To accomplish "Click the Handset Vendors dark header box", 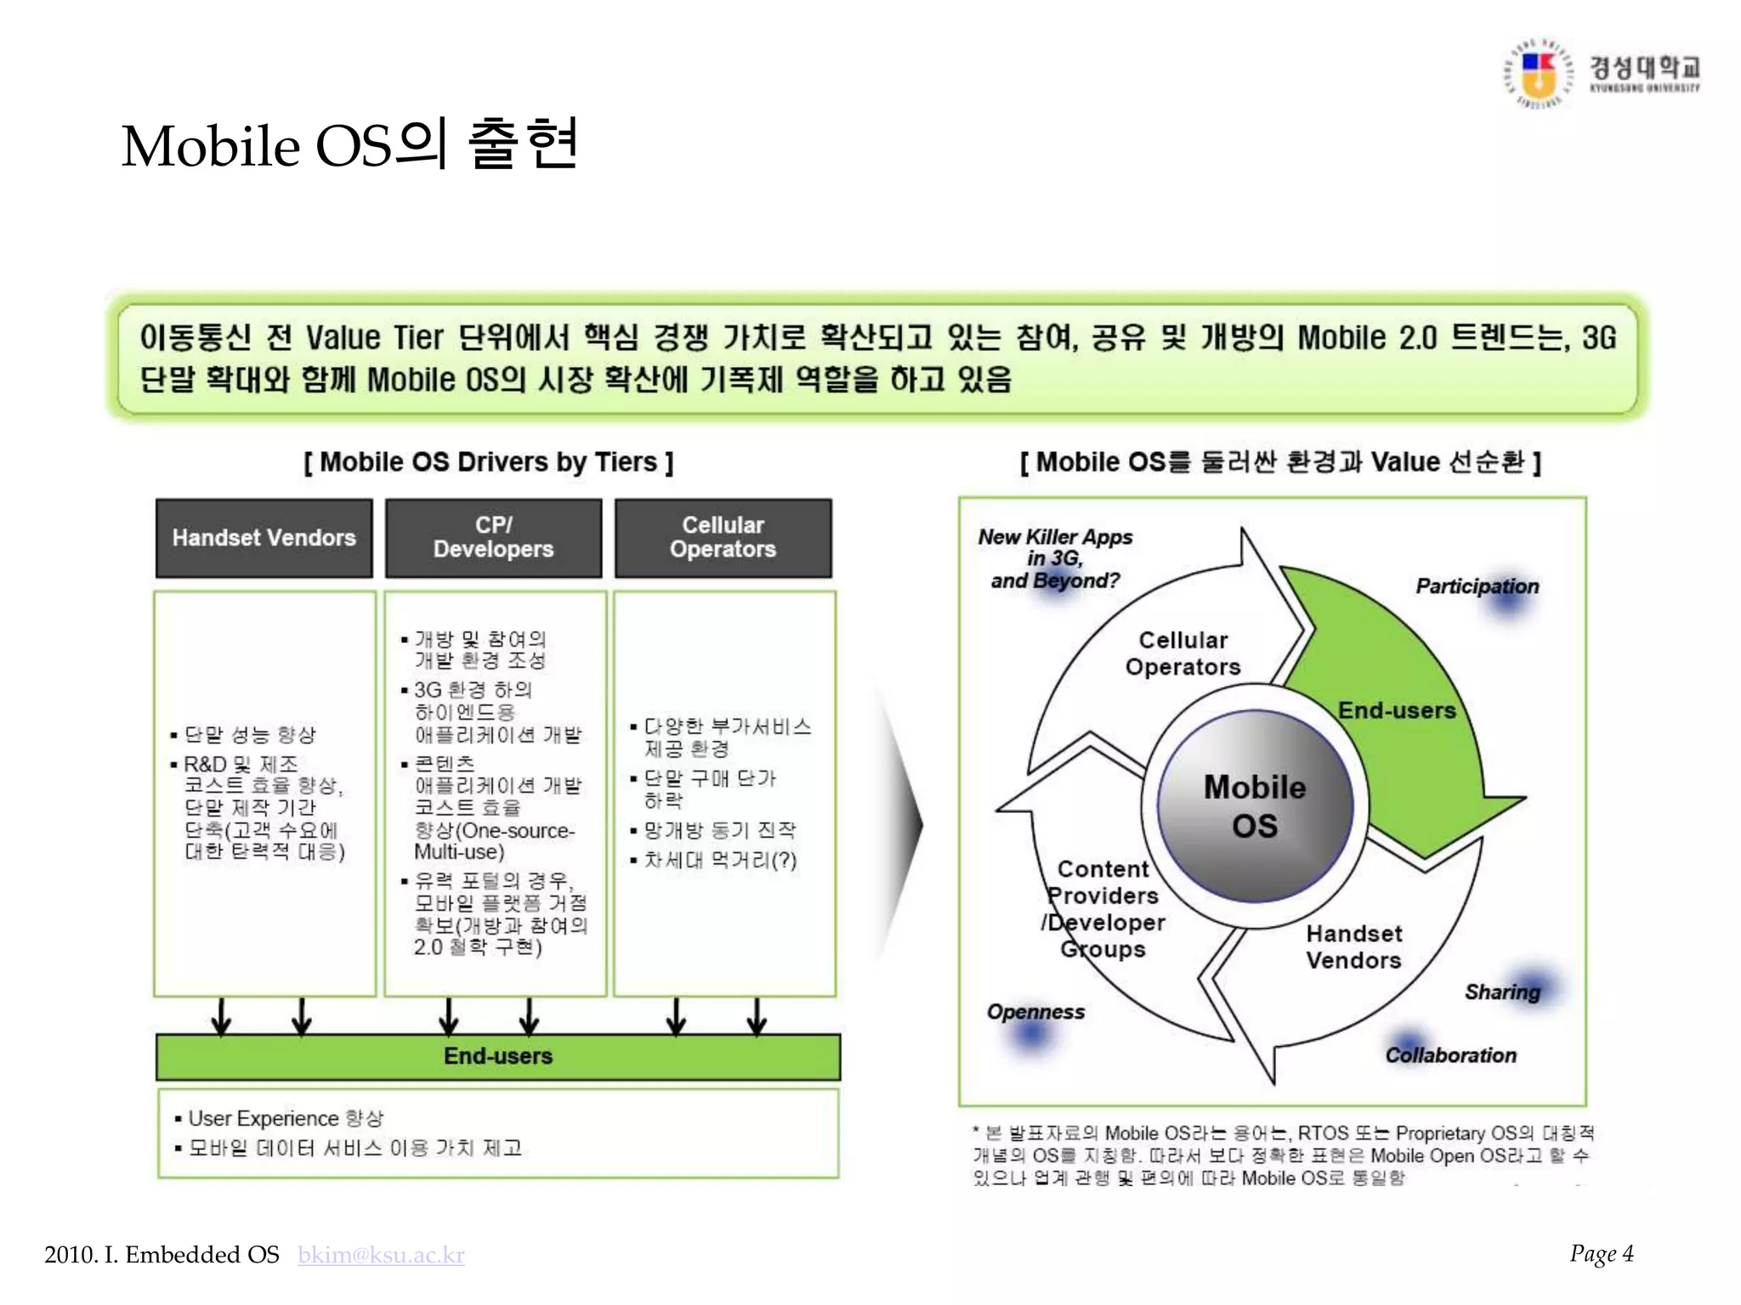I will coord(264,538).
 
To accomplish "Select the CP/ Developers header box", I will coord(493,538).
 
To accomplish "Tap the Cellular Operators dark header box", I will coord(723,538).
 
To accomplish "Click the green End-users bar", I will coord(498,1056).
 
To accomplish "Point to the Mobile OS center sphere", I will coord(1255,805).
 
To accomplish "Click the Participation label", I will coord(1477,586).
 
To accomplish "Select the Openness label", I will coord(1035,1012).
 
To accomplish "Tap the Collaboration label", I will coord(1450,1055).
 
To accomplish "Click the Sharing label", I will coord(1502,991).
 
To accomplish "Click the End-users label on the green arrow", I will coord(1397,710).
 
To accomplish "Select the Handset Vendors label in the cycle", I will coord(1353,946).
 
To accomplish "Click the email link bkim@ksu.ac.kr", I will coord(381,1255).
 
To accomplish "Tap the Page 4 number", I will coord(1601,1253).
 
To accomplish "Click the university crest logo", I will coord(1539,74).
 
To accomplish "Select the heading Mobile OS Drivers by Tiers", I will coord(489,462).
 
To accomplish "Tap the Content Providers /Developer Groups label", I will coord(1103,908).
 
